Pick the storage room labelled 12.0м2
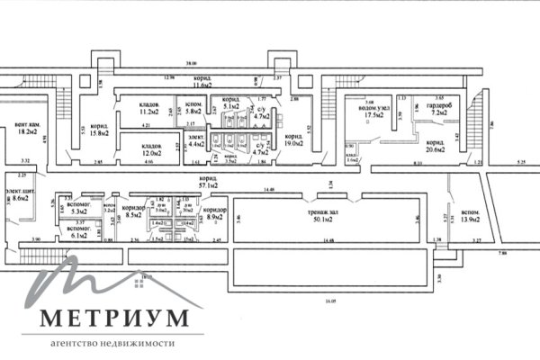click(150, 148)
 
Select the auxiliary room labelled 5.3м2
click(79, 209)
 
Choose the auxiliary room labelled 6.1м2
click(79, 231)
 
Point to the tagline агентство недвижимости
click(113, 344)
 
